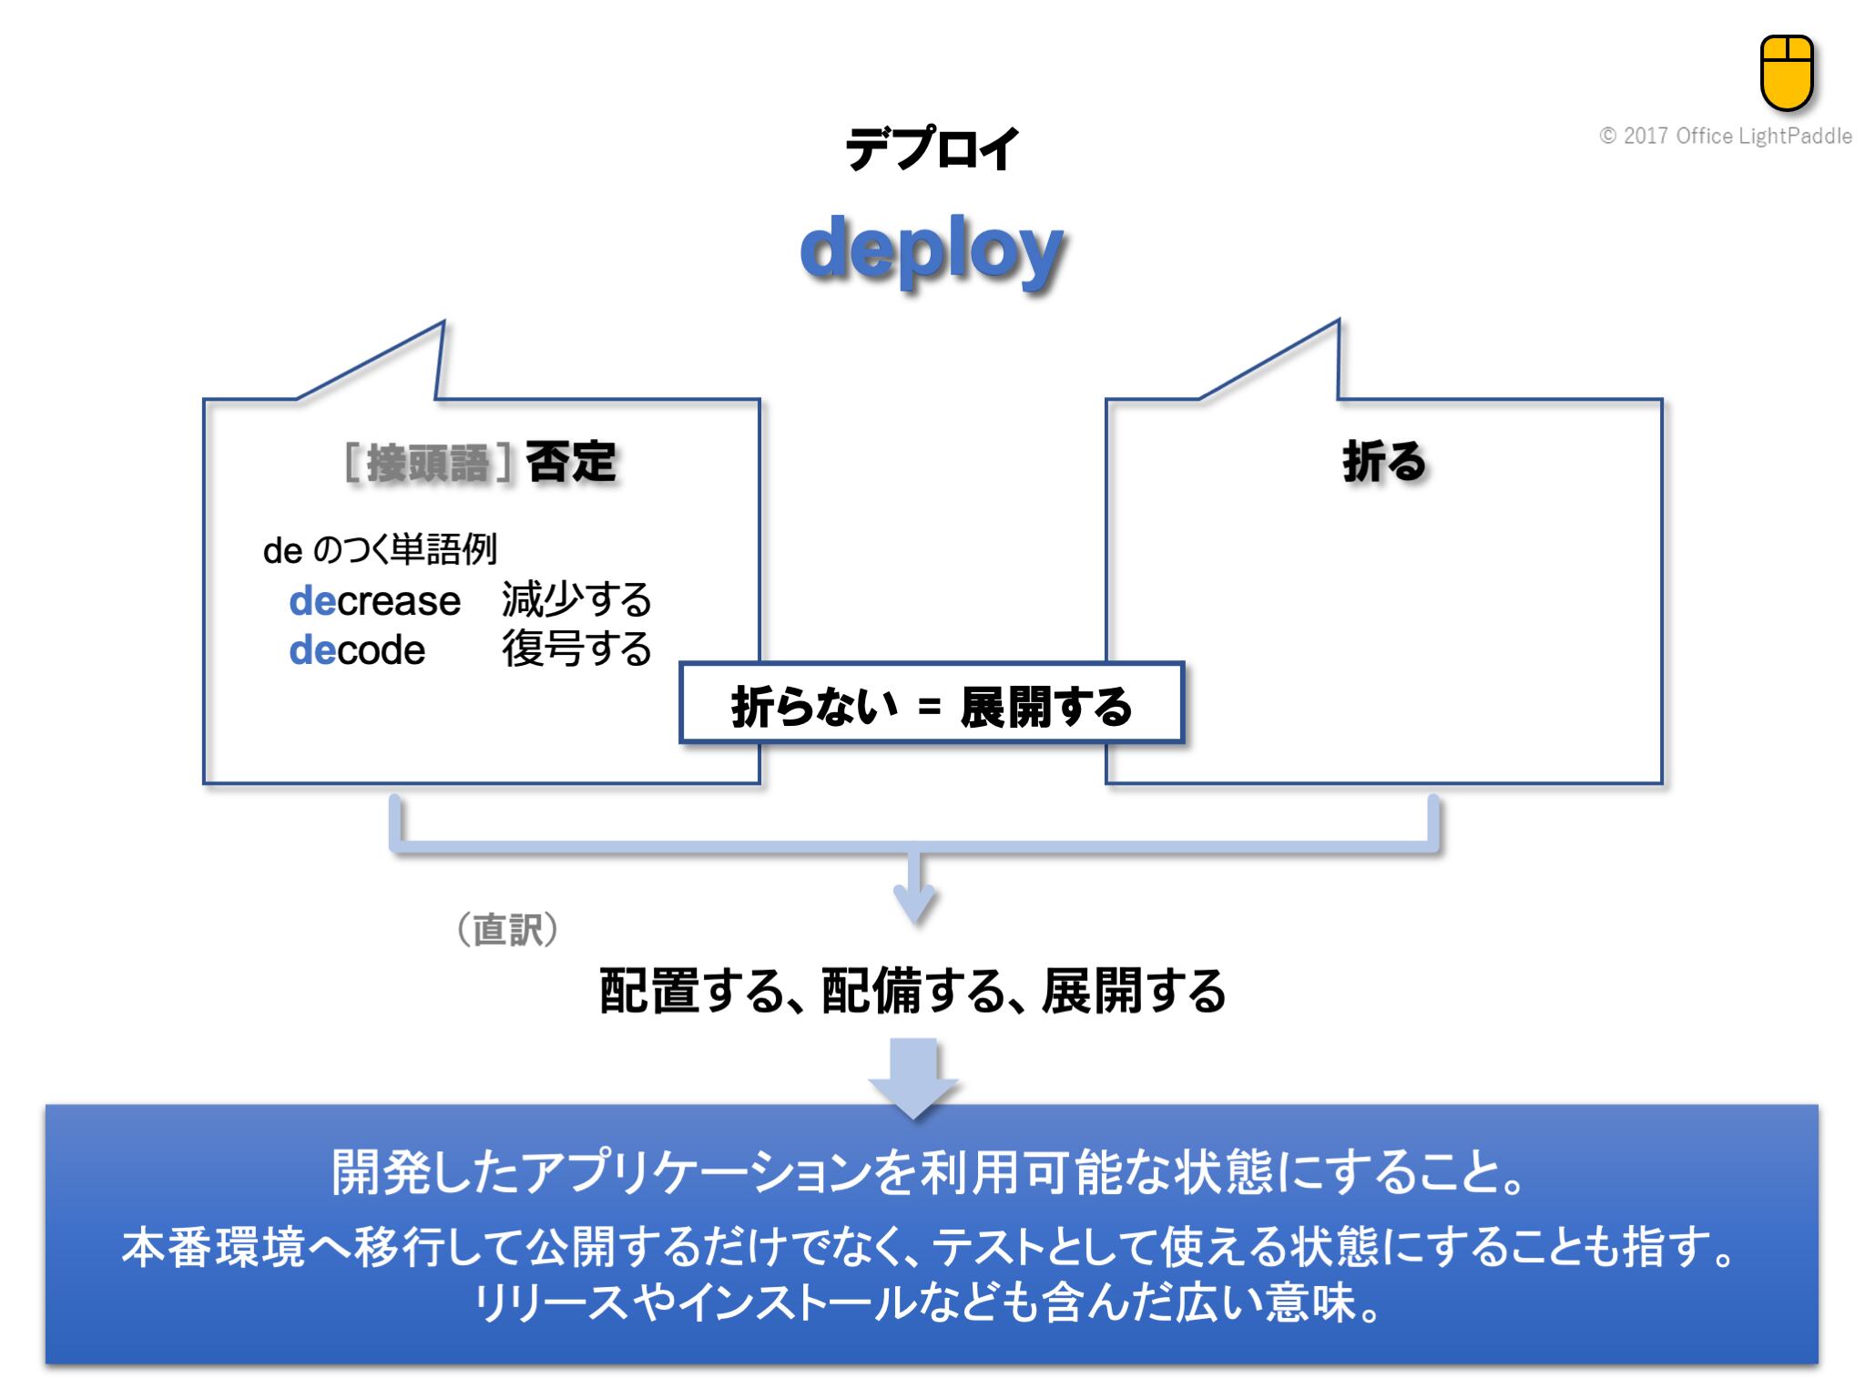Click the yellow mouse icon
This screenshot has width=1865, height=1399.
click(1787, 73)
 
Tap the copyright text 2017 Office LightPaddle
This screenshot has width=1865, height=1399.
click(1726, 137)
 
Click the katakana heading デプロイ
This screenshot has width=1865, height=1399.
click(931, 149)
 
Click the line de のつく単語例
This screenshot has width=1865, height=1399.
click(380, 549)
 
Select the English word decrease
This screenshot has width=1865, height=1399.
click(374, 601)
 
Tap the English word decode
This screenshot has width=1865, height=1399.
click(357, 650)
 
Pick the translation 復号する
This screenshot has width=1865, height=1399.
click(576, 649)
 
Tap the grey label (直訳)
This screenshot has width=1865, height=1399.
click(507, 929)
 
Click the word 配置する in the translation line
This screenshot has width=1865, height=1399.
click(692, 991)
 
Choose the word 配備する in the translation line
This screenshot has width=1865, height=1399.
click(913, 991)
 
